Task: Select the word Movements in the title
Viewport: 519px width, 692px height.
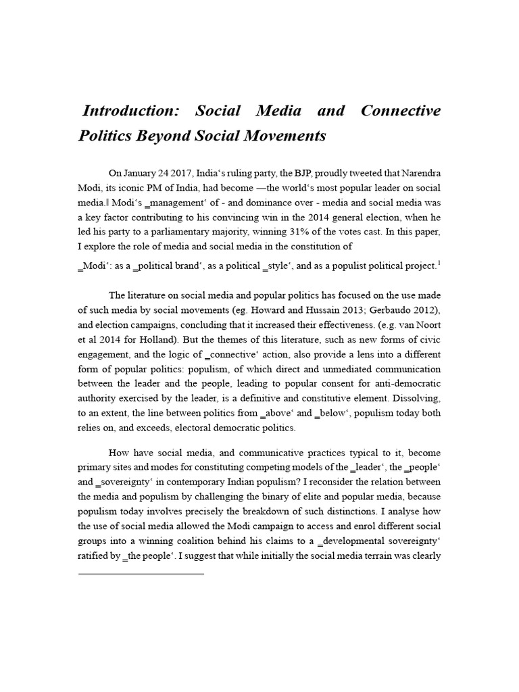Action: point(286,136)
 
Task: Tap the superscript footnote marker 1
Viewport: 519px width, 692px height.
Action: point(439,263)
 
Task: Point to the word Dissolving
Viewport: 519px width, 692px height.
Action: point(418,399)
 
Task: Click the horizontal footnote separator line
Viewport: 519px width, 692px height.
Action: point(141,574)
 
